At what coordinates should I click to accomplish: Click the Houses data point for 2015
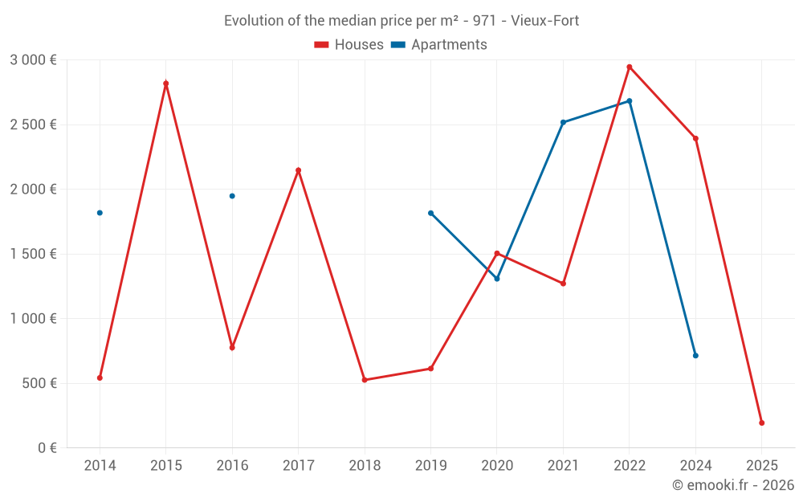pyautogui.click(x=166, y=84)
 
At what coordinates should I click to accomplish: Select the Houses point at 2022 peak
pyautogui.click(x=630, y=67)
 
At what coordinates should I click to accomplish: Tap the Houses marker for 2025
pyautogui.click(x=761, y=422)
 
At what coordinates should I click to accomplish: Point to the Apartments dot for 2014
pyautogui.click(x=100, y=213)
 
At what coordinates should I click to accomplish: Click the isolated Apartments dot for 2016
pyautogui.click(x=232, y=196)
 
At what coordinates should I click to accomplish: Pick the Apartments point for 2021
pyautogui.click(x=563, y=122)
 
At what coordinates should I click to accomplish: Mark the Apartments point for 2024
pyautogui.click(x=695, y=355)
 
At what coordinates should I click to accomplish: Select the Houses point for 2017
pyautogui.click(x=298, y=170)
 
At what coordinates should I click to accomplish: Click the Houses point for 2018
pyautogui.click(x=365, y=380)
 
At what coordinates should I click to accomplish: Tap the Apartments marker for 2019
pyautogui.click(x=430, y=213)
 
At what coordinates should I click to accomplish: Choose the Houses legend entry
pyautogui.click(x=349, y=45)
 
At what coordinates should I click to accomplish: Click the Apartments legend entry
pyautogui.click(x=439, y=45)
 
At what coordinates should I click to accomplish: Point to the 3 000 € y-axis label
pyautogui.click(x=34, y=60)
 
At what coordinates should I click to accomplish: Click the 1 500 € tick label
pyautogui.click(x=34, y=254)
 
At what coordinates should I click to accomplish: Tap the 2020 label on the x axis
pyautogui.click(x=497, y=466)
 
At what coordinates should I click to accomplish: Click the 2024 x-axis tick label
pyautogui.click(x=695, y=466)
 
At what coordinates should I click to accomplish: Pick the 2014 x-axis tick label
pyautogui.click(x=100, y=466)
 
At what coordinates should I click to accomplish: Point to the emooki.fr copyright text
pyautogui.click(x=733, y=485)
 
